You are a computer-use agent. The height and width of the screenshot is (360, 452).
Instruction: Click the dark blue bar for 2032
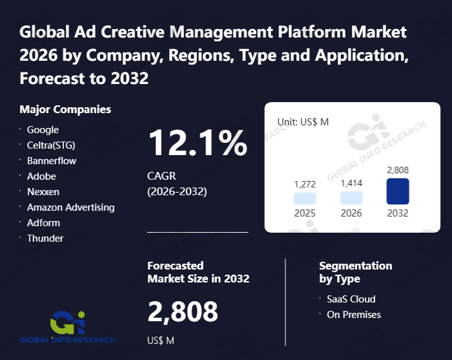(398, 191)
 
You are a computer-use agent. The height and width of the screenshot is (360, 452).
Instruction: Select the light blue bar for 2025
(305, 198)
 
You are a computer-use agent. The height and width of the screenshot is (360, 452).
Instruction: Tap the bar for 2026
(351, 198)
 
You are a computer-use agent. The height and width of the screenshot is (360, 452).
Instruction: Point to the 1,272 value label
(305, 184)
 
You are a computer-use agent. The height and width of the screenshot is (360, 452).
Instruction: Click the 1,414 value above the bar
(351, 184)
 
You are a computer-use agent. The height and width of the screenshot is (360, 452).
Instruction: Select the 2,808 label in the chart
(398, 170)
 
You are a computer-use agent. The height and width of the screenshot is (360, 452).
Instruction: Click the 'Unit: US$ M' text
(303, 122)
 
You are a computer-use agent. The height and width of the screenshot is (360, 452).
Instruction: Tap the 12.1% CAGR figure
(198, 143)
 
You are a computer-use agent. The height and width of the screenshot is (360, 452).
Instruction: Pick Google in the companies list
(43, 130)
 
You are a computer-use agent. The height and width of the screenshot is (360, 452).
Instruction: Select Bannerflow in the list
(52, 161)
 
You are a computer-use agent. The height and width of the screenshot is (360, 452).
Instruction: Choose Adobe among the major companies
(41, 176)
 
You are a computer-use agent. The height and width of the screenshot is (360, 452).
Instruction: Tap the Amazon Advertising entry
(70, 207)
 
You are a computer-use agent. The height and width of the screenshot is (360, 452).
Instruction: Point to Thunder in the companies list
(45, 238)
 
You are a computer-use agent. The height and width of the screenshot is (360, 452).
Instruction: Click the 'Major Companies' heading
(65, 109)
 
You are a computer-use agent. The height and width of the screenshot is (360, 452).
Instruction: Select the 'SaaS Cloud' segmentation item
(351, 299)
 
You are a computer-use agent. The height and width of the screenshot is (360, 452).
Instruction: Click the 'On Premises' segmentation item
(354, 315)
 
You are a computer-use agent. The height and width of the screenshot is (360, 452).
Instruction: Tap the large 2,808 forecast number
(183, 312)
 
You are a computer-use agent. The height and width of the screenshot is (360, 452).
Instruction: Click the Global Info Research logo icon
(67, 322)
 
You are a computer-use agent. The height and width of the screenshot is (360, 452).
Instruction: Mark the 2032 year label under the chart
(398, 213)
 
